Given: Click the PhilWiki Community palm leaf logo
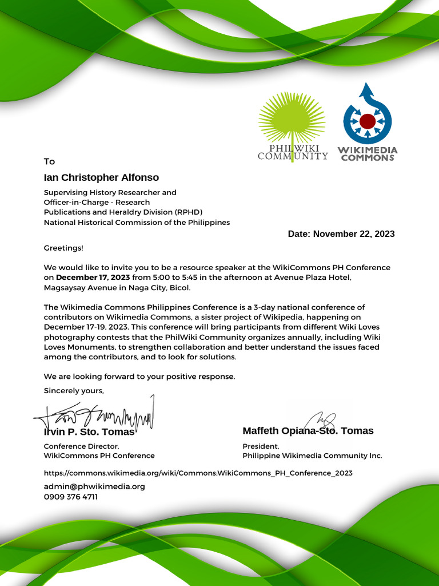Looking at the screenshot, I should click(292, 120).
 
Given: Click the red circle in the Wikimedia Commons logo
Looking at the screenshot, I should click(367, 121).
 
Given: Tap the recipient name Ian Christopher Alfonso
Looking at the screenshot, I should click(101, 177).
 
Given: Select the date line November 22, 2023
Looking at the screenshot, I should click(341, 233).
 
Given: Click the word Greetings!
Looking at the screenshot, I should click(63, 248).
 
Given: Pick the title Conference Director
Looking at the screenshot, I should click(81, 446).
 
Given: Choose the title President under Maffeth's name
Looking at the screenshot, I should click(261, 446).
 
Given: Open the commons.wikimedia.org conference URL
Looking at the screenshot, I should click(198, 473).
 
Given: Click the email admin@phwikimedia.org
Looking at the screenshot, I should click(94, 486).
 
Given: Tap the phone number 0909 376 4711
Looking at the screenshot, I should click(71, 497).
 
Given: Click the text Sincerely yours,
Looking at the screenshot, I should click(74, 390).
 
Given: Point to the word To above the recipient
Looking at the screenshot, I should click(50, 161).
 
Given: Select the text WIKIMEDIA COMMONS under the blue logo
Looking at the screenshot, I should click(368, 154).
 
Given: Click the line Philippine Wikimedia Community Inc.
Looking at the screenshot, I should click(312, 456).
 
